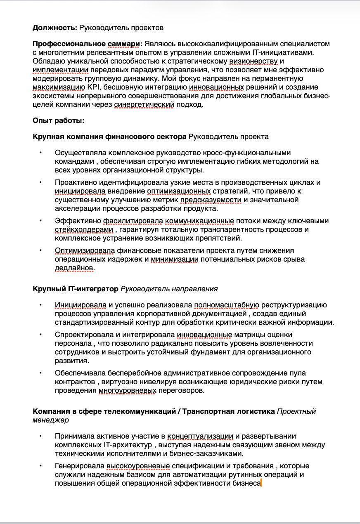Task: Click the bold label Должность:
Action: [x=55, y=28]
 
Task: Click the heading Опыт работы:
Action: [x=59, y=120]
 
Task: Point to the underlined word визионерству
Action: [x=253, y=61]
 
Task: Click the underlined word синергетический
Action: [x=144, y=104]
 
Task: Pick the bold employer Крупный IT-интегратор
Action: [x=76, y=289]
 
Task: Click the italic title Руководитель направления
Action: [x=169, y=289]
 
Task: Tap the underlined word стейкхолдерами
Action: [x=84, y=229]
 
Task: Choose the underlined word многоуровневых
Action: [x=128, y=390]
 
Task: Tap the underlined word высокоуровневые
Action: [x=138, y=466]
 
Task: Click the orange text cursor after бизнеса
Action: [x=262, y=483]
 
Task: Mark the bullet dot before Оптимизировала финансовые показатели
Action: [x=40, y=250]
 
